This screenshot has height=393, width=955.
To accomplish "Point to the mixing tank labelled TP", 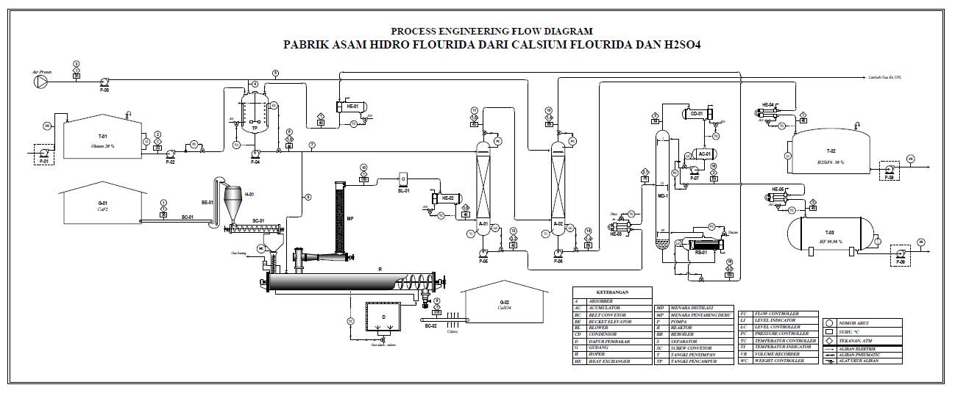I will (255, 116).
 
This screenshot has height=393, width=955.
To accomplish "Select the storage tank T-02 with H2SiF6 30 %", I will (831, 154).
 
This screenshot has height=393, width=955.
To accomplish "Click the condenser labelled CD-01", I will (696, 114).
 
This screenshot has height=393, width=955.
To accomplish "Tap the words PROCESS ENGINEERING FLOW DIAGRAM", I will (491, 31).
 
